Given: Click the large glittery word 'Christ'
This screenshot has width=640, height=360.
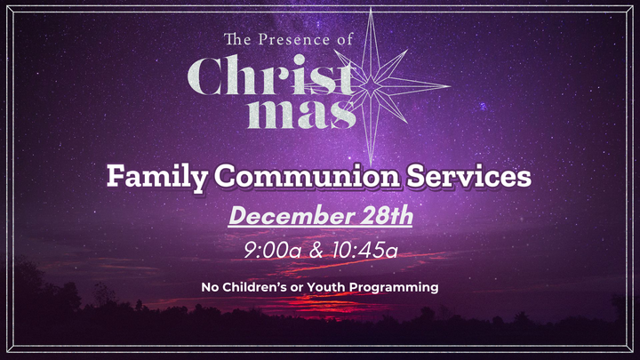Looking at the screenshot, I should [272, 78].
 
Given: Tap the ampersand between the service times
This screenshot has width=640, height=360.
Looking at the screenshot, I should [315, 252].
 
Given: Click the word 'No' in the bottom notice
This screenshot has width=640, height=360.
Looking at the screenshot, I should [210, 287].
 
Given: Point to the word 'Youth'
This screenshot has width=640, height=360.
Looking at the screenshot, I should [333, 287].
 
